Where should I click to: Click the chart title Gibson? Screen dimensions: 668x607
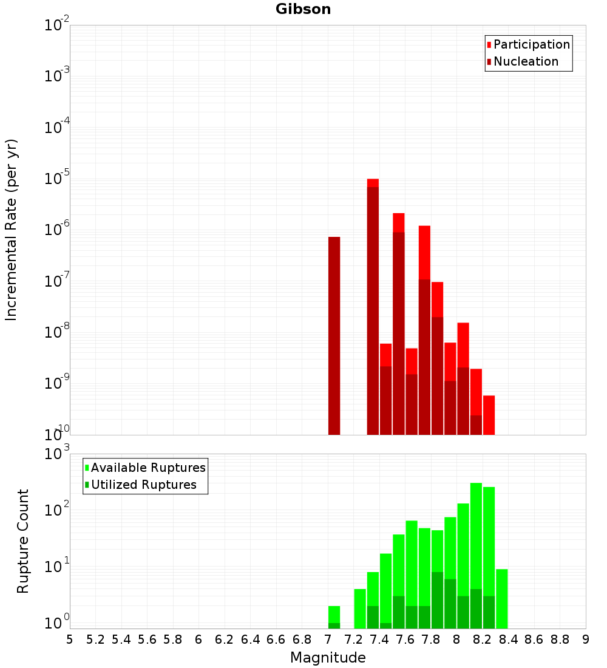pos(303,9)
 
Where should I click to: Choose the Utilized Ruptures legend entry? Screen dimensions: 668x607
pos(143,485)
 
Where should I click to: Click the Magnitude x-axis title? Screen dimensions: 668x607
pos(328,658)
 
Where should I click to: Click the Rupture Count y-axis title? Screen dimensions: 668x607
pos(23,540)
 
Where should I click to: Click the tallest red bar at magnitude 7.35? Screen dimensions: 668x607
pos(373,183)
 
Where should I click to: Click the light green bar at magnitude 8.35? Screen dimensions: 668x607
pos(501,598)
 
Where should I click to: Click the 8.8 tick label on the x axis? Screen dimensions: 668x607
pos(560,639)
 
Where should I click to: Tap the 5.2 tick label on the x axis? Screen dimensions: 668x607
pos(95,639)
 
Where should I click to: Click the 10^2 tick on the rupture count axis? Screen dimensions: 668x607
pos(56,510)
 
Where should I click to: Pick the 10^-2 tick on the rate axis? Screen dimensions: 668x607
pos(56,26)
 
